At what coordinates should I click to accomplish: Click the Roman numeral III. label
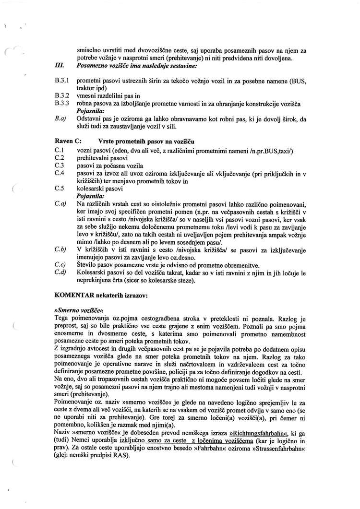coord(60,66)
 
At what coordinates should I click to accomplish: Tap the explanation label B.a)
coord(60,118)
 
